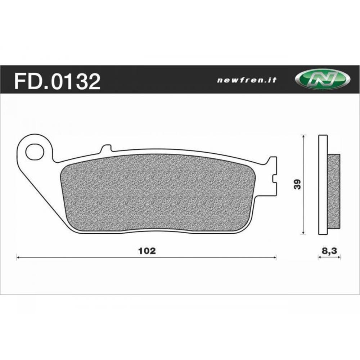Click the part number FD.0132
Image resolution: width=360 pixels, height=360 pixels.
click(x=57, y=82)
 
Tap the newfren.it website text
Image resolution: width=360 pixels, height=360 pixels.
click(x=247, y=81)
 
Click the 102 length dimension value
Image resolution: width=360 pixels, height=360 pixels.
click(x=147, y=251)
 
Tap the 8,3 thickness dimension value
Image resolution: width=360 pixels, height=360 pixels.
click(x=329, y=251)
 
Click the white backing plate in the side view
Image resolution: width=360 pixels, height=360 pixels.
click(x=323, y=184)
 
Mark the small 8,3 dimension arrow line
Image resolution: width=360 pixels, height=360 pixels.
click(x=329, y=257)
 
